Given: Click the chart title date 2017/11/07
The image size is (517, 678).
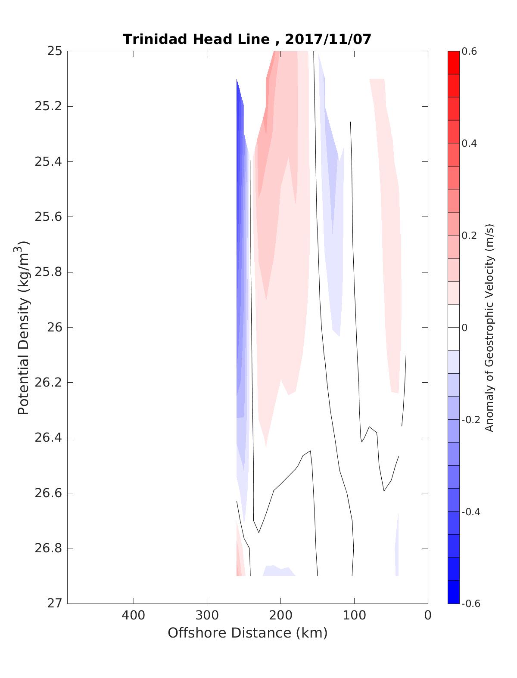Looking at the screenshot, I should pos(328,39).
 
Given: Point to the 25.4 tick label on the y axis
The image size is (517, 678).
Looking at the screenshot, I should pos(48,162).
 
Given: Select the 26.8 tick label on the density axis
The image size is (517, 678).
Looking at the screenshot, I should pos(48,548).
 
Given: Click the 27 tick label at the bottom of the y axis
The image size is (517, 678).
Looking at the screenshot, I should pos(54,604).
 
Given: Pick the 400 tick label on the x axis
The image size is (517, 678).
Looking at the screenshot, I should pos(134,615).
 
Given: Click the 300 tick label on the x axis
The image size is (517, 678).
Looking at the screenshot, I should pos(207,615).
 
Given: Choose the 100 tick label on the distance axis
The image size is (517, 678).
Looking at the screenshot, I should pos(354,615).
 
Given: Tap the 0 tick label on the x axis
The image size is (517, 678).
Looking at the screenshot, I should pos(427,615).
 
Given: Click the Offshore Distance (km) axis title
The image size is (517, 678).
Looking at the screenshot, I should pos(247,633).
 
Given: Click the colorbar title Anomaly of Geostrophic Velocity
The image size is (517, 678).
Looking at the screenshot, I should pos(489,327).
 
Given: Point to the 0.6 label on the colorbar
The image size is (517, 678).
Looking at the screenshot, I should pos(469,52).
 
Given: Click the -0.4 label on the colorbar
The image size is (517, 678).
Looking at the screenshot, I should pos(470,512).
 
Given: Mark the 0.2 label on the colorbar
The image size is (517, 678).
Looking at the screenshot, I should pos(469,235).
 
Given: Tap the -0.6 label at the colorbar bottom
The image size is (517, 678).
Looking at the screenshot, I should pos(470,604).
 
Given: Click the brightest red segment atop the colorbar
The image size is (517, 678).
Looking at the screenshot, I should pos(453,62).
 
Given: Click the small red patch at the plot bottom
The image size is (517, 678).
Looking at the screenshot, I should pos(239,560).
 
